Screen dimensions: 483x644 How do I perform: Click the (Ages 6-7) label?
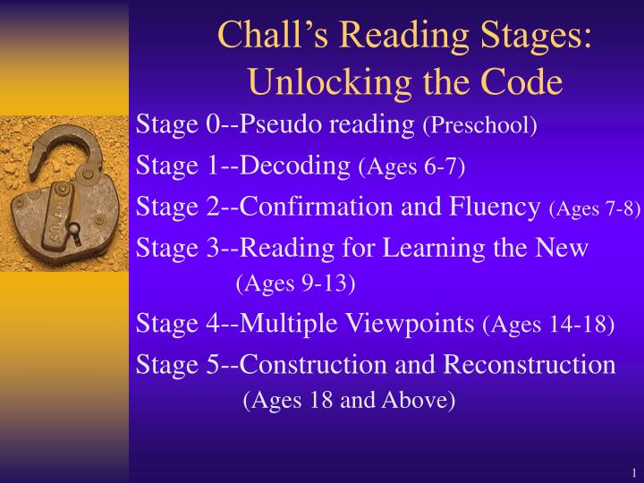tap(411, 166)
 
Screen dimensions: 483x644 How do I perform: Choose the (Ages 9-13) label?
tap(295, 284)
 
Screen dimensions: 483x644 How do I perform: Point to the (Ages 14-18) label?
tap(547, 325)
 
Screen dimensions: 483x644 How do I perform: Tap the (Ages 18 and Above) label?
tap(349, 401)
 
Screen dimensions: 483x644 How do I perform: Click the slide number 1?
tap(632, 472)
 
